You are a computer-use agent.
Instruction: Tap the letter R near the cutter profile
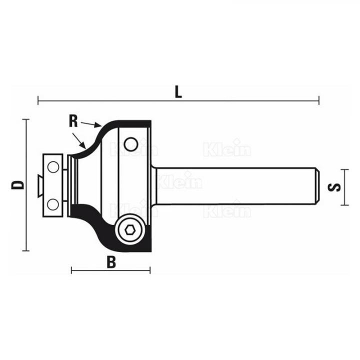click(73, 120)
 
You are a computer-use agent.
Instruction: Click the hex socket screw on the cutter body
click(130, 230)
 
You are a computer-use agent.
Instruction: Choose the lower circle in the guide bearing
click(52, 204)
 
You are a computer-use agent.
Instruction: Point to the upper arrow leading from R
click(92, 123)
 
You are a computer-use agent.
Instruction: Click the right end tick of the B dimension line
click(150, 270)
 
